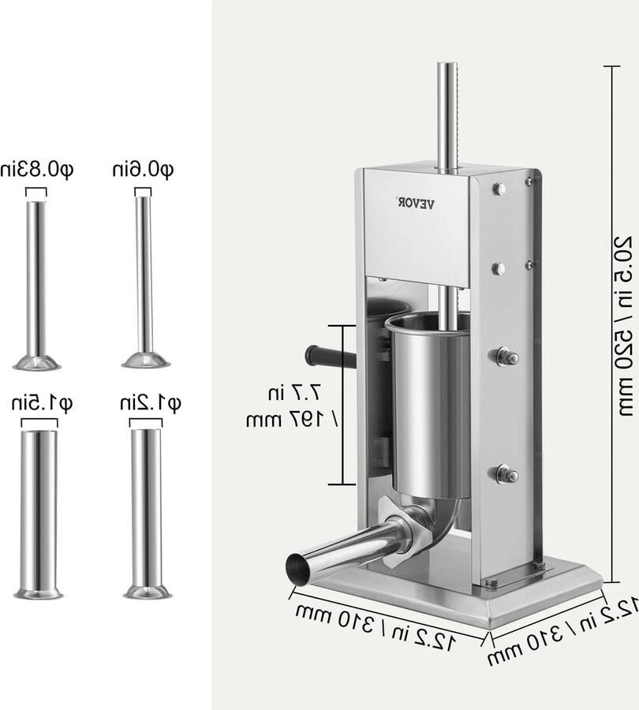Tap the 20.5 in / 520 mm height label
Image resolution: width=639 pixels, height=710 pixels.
pos(623,323)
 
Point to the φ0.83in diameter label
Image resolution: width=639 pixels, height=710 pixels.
pos(37,169)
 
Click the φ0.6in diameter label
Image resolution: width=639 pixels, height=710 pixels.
pos(143,169)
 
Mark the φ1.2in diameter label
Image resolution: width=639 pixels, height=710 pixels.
pos(150,404)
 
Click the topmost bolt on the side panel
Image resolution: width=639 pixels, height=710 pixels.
pos(499,189)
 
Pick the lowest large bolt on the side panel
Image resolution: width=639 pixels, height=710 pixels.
pos(503,474)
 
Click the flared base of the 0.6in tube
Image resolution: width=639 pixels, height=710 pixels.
pos(146,361)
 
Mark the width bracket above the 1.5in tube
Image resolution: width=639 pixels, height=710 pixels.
pos(39,424)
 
